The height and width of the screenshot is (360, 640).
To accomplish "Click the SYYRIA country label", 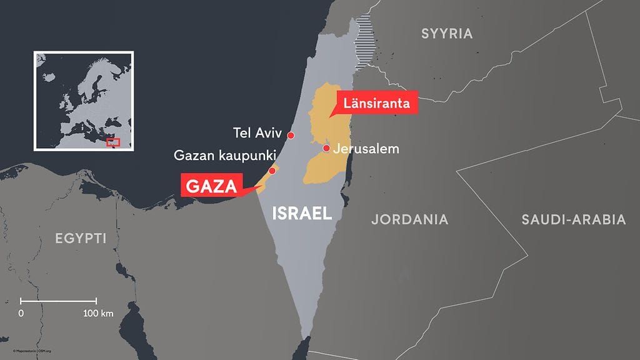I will (446, 34).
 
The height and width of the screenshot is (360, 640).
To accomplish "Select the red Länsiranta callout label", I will (376, 103).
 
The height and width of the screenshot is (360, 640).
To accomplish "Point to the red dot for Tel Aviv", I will (291, 135).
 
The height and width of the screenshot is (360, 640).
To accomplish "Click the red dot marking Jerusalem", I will (326, 148).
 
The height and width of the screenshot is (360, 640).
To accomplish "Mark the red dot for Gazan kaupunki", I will (272, 171).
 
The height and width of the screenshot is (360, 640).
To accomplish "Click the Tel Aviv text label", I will (257, 133).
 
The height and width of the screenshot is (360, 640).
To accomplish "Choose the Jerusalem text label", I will (366, 149).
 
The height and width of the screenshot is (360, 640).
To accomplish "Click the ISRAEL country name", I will (302, 214).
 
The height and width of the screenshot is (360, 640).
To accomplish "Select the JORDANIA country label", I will (409, 219).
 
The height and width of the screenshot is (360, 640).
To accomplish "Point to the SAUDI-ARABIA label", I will (573, 219).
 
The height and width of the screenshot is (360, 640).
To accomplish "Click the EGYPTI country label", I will (81, 238).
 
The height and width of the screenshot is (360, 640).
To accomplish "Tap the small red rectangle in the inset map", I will (113, 142).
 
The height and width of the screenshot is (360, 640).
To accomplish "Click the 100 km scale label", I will (98, 312).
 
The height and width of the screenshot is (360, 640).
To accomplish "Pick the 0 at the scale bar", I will (22, 312).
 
